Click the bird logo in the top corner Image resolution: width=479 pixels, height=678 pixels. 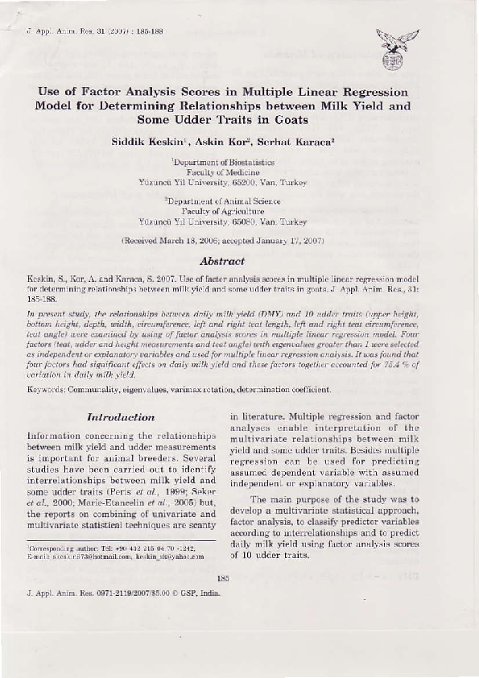(397, 48)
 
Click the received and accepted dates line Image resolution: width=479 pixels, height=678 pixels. (221, 241)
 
